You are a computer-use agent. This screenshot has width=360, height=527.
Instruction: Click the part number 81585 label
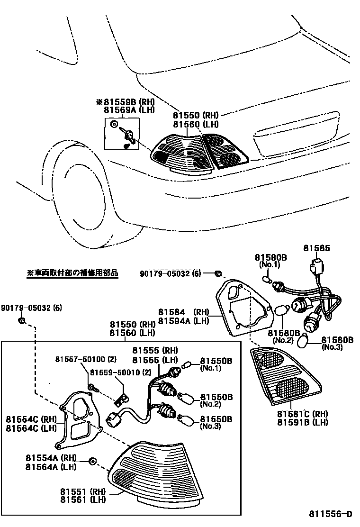pyautogui.click(x=316, y=248)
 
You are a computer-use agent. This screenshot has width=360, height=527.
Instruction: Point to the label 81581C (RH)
pyautogui.click(x=302, y=413)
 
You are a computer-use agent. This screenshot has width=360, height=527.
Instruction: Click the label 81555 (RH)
pyautogui.click(x=155, y=350)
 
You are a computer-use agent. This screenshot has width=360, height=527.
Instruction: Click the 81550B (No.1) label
pyautogui.click(x=216, y=364)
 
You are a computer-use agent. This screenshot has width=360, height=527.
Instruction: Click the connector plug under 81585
pyautogui.click(x=315, y=268)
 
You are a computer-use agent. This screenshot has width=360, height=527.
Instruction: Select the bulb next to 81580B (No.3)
pyautogui.click(x=313, y=341)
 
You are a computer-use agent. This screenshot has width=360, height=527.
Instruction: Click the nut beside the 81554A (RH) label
pyautogui.click(x=92, y=461)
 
